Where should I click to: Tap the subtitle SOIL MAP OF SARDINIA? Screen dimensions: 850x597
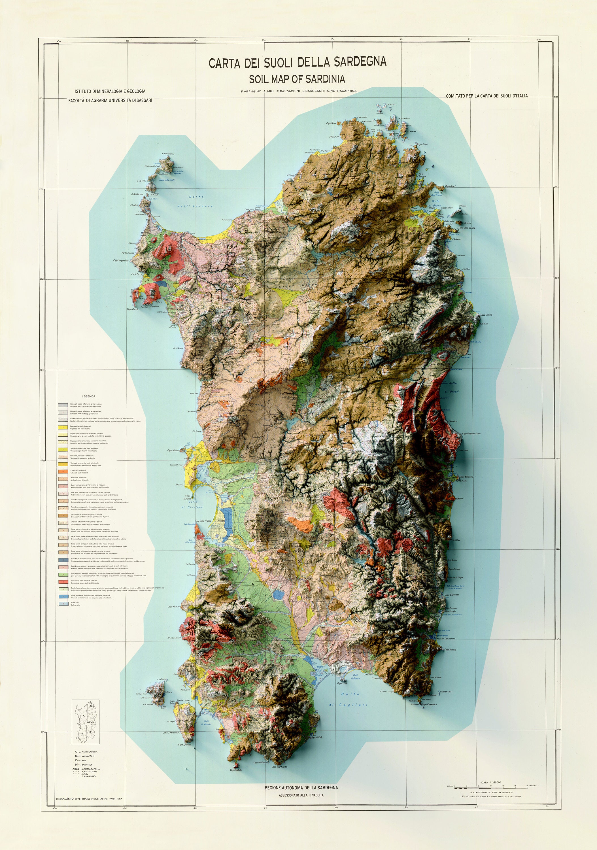[297, 79]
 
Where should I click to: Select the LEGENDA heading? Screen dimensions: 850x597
[88, 396]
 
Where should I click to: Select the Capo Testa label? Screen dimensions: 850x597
[331, 123]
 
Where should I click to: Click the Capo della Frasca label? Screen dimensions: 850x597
[203, 521]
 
